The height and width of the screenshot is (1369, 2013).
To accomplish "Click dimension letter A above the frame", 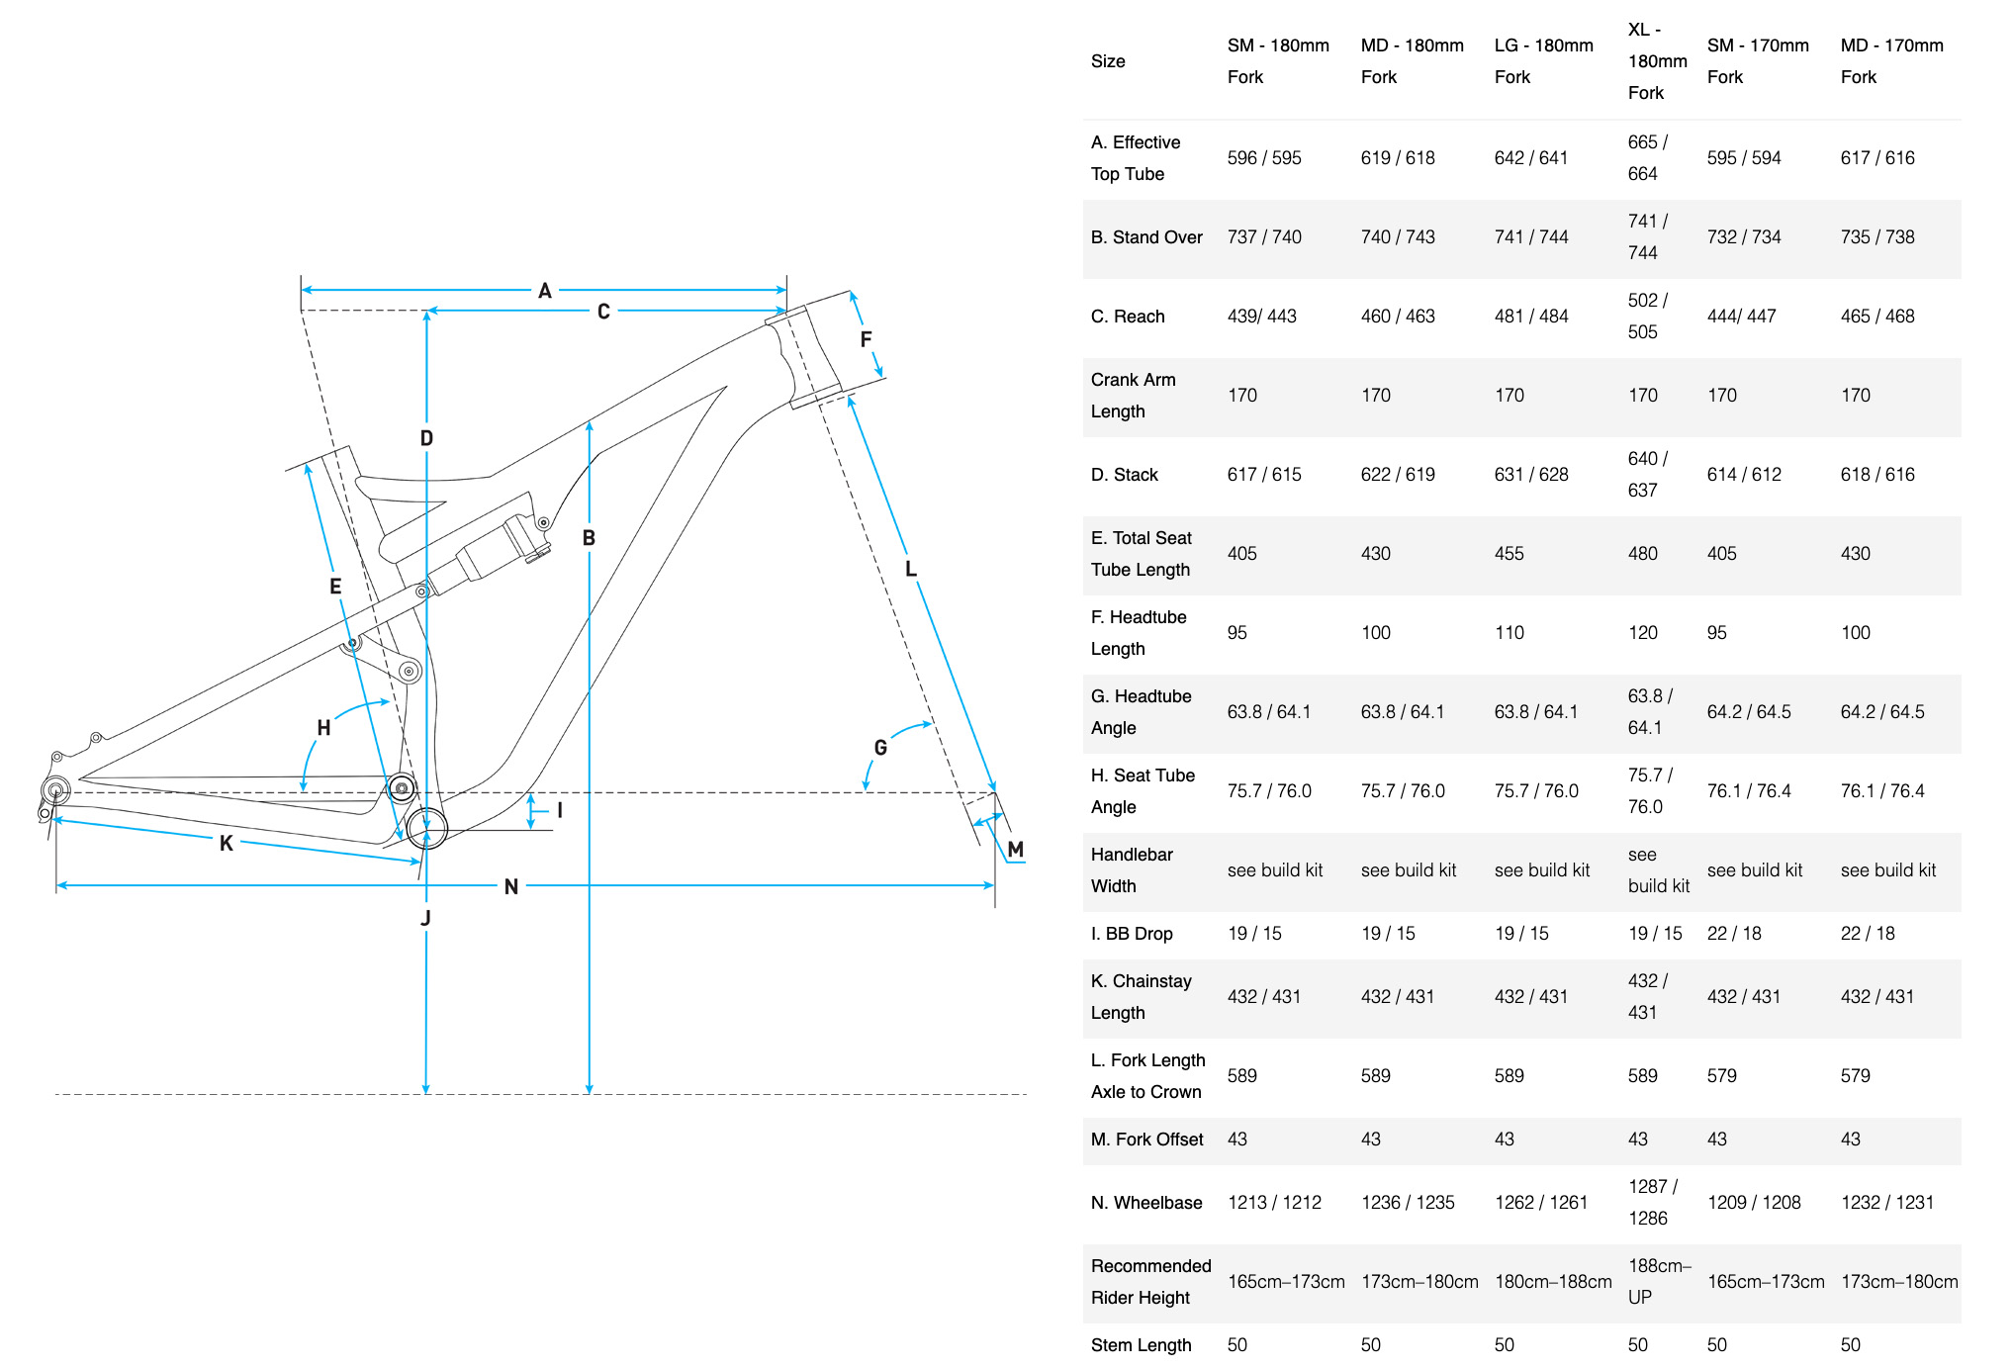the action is pos(544,291).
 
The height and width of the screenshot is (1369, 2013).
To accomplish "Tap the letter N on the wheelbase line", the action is pos(510,886).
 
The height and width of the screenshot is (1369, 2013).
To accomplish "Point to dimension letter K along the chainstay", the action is pos(227,843).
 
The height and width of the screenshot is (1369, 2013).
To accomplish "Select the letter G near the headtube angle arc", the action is pos(880,748).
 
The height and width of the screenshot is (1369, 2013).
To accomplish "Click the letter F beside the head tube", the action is pos(866,339).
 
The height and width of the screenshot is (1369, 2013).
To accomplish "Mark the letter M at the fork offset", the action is pos(1015,849).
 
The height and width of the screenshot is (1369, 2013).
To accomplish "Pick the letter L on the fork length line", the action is pos(911,569).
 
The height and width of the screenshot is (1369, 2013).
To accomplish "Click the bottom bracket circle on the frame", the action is pos(426,827).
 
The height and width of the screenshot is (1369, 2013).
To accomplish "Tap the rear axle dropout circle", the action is pos(55,790).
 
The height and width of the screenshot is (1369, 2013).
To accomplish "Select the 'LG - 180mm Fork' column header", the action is pos(1543,61).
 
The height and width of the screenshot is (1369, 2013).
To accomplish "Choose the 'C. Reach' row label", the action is pos(1128,317).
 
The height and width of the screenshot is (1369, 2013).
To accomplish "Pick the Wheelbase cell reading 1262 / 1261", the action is pos(1540,1203).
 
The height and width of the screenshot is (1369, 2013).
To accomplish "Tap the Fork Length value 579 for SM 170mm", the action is pos(1721,1076).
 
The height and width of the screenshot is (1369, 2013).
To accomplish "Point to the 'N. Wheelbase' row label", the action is pos(1146,1203).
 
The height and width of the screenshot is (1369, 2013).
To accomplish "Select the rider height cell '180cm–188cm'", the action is pos(1553,1282).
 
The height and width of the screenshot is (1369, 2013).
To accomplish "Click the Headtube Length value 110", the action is pos(1509,633).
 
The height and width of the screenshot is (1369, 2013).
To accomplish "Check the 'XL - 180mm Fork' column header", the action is pos(1657,61).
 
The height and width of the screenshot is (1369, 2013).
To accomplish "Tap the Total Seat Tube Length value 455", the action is pos(1509,554).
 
